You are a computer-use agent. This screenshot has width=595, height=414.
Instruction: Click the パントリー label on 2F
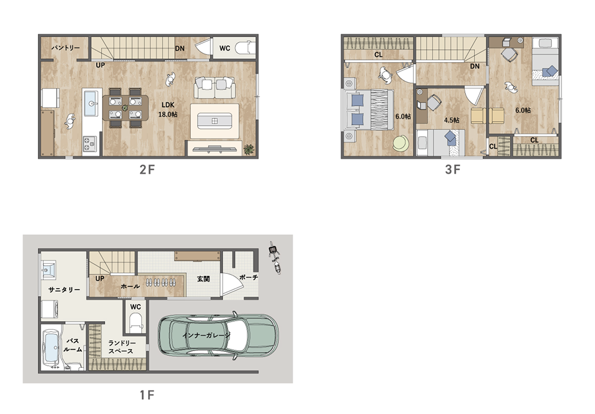(x=65, y=48)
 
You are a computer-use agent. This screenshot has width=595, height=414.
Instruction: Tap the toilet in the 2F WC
(x=244, y=48)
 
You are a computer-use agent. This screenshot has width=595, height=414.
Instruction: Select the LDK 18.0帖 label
(x=168, y=109)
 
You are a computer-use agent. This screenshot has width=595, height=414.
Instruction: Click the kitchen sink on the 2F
(x=91, y=102)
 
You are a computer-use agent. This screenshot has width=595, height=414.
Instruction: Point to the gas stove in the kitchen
(x=90, y=144)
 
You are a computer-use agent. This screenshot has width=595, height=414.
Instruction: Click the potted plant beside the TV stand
(x=249, y=149)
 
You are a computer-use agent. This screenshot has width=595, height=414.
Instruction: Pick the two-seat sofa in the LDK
(x=215, y=88)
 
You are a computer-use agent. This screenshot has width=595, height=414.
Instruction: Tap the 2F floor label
(x=147, y=169)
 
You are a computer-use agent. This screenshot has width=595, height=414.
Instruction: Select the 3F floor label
(x=452, y=169)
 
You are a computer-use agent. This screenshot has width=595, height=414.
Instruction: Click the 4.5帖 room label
(x=452, y=120)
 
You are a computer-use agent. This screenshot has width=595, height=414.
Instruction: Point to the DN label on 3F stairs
(x=475, y=66)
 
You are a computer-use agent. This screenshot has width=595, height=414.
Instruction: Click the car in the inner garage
(x=218, y=335)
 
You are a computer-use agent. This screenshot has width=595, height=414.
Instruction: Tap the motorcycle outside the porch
(x=276, y=258)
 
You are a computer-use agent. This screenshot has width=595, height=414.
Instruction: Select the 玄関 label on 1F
(x=203, y=279)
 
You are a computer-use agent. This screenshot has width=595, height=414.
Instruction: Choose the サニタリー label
(x=64, y=290)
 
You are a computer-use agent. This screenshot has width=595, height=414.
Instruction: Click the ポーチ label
(x=249, y=278)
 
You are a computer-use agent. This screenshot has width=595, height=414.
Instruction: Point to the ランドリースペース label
(x=121, y=347)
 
